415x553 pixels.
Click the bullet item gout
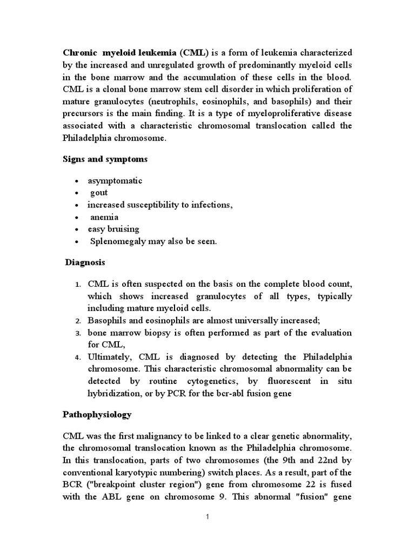coord(99,192)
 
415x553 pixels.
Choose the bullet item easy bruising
coord(113,229)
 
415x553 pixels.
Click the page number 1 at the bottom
coord(207,517)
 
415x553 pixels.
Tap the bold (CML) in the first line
coord(194,53)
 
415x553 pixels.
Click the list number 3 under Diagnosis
coord(78,333)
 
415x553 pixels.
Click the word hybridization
coord(117,393)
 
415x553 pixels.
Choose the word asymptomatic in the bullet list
coord(115,180)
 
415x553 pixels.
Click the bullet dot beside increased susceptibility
coord(79,205)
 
